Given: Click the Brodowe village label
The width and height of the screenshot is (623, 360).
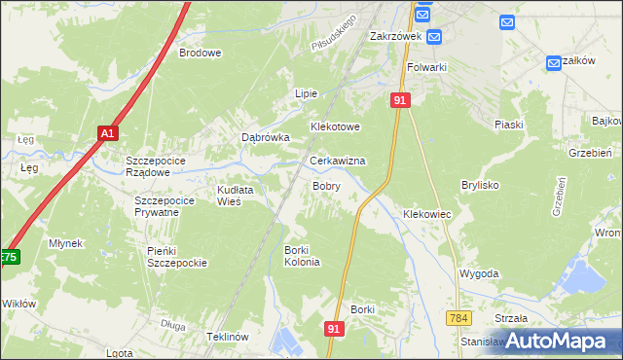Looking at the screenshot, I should (x=200, y=54).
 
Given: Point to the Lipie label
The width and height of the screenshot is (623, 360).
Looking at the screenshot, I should (x=307, y=93).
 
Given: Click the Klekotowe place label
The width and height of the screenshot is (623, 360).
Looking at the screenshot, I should (x=335, y=127).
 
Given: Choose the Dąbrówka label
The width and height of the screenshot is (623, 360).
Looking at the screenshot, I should (x=266, y=138).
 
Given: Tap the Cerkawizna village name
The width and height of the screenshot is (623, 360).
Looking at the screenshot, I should (x=337, y=161).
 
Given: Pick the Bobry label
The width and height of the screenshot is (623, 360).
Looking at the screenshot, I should (x=325, y=185).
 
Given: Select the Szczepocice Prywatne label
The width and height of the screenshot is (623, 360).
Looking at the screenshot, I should (x=157, y=206).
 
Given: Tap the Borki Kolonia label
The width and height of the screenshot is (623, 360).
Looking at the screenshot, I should (x=302, y=256).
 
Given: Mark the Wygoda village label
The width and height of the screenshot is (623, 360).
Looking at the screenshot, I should (x=479, y=275).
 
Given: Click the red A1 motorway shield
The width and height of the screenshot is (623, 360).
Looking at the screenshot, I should (x=108, y=133).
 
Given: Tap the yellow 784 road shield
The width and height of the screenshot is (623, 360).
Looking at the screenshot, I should (x=459, y=318).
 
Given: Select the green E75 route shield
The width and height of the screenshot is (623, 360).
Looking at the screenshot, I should (x=9, y=257).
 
